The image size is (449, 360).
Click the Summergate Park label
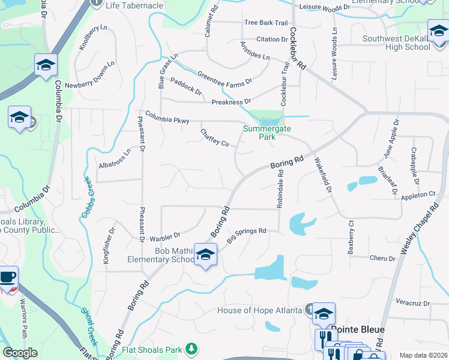pyautogui.click(x=259, y=133)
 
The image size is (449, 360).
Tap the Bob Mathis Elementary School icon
pyautogui.click(x=205, y=256)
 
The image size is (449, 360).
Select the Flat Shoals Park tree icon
pyautogui.click(x=191, y=348)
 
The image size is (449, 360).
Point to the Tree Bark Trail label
pyautogui.click(x=266, y=23)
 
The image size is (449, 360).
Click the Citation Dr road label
pyautogui.click(x=272, y=40)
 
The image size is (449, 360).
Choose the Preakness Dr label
pyautogui.click(x=231, y=101)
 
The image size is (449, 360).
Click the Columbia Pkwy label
pyautogui.click(x=166, y=117)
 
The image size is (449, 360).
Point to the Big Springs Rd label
pyautogui.click(x=246, y=235)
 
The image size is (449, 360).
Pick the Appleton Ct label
pyautogui.click(x=418, y=194)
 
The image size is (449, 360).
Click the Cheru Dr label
pyautogui.click(x=384, y=259)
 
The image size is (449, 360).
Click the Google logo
pyautogui.click(x=20, y=353)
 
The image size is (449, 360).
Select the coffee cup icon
pyautogui.click(x=8, y=277)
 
